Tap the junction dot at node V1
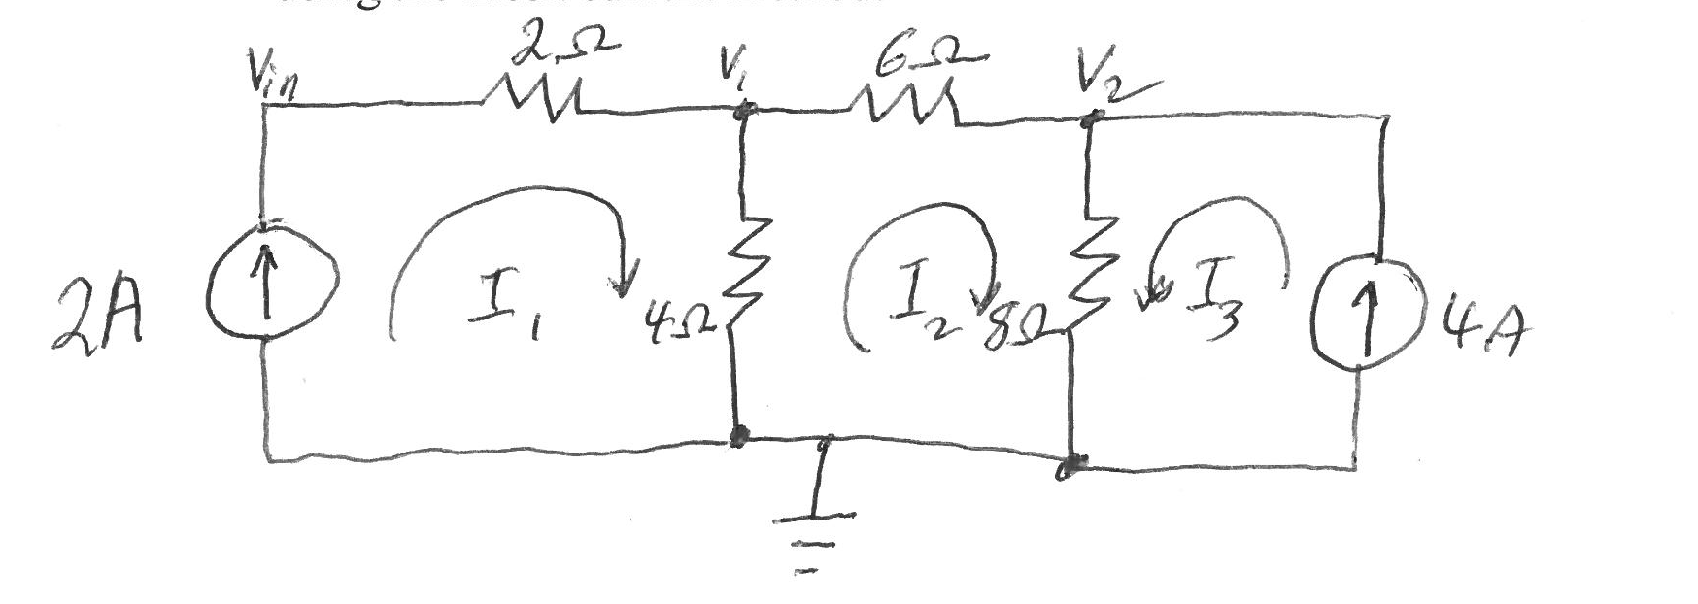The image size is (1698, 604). point(744,112)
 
